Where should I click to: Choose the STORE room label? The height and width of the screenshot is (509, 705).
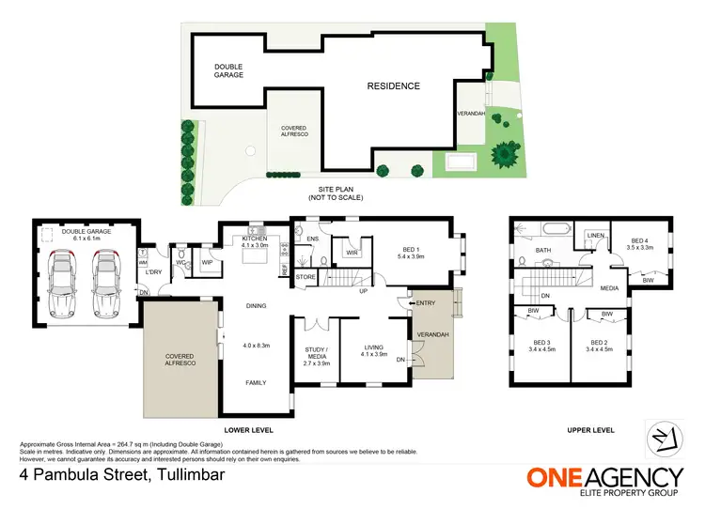pyautogui.click(x=305, y=277)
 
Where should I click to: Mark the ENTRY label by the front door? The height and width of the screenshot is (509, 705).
pyautogui.click(x=424, y=302)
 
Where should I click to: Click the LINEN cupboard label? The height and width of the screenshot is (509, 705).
pyautogui.click(x=594, y=235)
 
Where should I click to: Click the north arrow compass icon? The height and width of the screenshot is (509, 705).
pyautogui.click(x=663, y=439)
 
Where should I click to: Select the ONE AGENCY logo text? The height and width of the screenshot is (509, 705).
pyautogui.click(x=604, y=476)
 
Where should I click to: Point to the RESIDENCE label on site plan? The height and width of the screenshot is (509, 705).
pyautogui.click(x=393, y=86)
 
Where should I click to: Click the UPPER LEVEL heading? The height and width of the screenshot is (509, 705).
pyautogui.click(x=590, y=430)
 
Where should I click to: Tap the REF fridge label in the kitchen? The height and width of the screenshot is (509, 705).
pyautogui.click(x=284, y=270)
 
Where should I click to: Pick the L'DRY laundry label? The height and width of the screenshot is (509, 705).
pyautogui.click(x=154, y=272)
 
